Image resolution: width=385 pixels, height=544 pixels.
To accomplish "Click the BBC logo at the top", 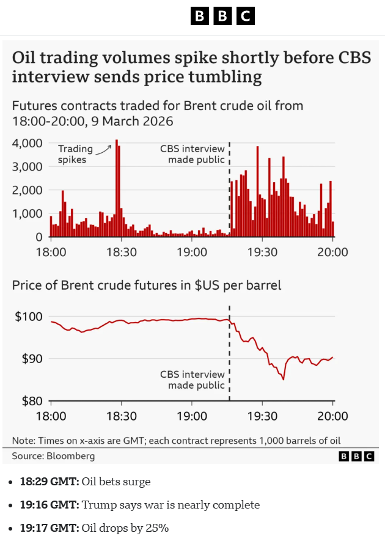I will click(222, 16).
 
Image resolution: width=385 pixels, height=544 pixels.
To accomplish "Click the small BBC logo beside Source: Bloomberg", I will click(356, 456).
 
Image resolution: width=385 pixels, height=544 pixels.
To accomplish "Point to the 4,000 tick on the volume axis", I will click(27, 143).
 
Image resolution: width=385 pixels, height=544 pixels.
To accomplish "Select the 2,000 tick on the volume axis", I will click(27, 190).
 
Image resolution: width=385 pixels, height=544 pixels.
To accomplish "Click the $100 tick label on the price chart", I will click(28, 317).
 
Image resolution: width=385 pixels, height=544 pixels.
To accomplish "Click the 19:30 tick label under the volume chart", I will click(262, 252).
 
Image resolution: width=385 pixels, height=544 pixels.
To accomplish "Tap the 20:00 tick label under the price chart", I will click(332, 416).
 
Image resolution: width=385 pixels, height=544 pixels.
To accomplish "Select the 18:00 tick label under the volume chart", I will click(51, 252).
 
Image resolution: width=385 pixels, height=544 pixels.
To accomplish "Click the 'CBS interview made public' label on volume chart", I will click(193, 154).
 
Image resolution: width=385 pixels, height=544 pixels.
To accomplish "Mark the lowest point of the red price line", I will click(283, 379).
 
